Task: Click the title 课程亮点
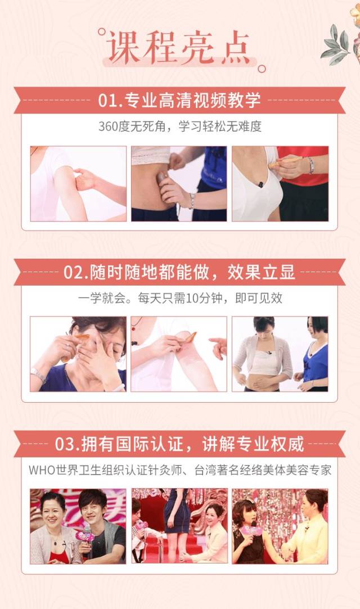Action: pos(179,47)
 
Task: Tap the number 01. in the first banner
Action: pos(110,100)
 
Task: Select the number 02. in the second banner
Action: pos(76,273)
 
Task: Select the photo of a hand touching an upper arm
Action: pos(78,184)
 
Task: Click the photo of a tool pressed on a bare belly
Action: pos(179,184)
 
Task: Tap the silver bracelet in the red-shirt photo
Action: pos(310,165)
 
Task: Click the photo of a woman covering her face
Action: pos(78,354)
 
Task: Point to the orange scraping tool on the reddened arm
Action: pos(190,337)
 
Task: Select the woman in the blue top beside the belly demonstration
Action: pos(313,354)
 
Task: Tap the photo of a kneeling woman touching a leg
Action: pos(179,526)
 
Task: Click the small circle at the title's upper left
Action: pos(102,31)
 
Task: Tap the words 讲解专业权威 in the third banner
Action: pos(253,444)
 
